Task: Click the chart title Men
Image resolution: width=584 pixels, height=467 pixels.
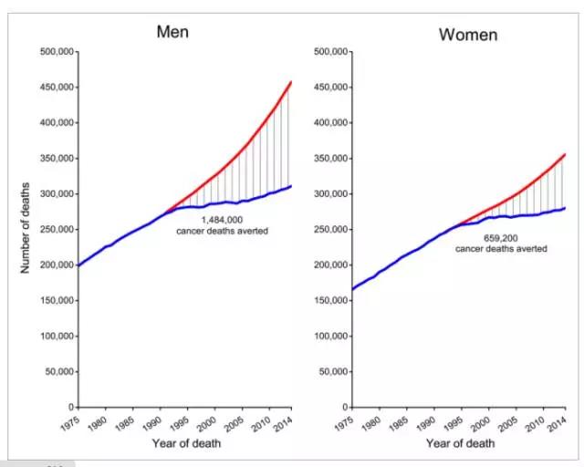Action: pos(173,32)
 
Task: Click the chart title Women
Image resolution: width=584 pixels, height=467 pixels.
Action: pos(468,36)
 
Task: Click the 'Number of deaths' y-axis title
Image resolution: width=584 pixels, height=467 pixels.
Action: pos(26,228)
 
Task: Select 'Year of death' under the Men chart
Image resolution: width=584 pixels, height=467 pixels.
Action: pos(186,444)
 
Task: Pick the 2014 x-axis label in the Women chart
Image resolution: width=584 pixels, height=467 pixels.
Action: pos(558,423)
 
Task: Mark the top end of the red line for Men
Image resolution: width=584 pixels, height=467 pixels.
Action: pos(291,82)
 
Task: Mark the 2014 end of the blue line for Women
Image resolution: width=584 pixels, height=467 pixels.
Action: pos(566,208)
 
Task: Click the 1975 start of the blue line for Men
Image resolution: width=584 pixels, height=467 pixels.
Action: pos(78,265)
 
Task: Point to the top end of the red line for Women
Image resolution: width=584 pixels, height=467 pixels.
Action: pos(566,154)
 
